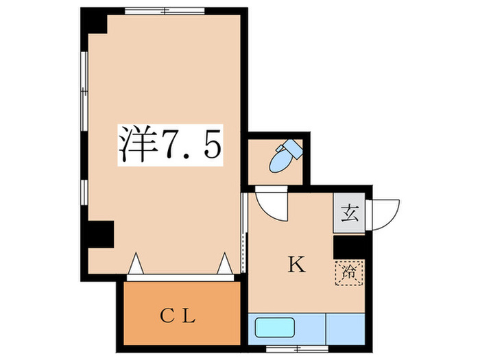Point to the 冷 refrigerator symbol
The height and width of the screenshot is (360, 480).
(x=349, y=272)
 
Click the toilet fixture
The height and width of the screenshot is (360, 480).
(x=283, y=157)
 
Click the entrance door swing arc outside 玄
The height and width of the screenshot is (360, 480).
(x=385, y=213)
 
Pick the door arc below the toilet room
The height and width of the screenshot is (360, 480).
(x=271, y=204)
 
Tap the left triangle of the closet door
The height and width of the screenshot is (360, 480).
(x=135, y=264)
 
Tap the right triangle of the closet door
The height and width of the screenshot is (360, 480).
(x=224, y=264)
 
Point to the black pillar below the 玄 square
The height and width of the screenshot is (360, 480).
(x=348, y=245)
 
